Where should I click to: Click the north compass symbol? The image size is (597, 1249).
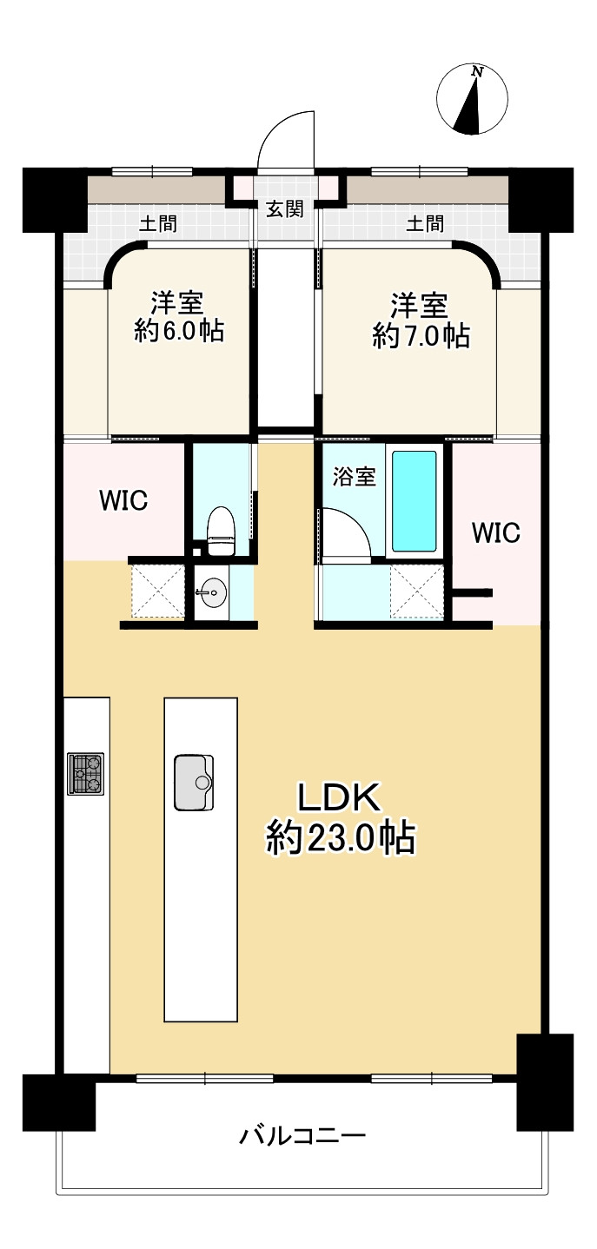tap(472, 99)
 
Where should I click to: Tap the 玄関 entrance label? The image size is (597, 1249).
tap(284, 209)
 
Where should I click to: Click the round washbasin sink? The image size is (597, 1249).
tap(212, 592)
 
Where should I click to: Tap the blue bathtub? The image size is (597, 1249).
tap(414, 500)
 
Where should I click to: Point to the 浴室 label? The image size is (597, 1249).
tap(355, 477)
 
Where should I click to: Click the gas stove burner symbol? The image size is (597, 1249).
tap(86, 773)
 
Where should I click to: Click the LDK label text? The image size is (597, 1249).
tap(339, 797)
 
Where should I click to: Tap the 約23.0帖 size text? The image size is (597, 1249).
tap(341, 837)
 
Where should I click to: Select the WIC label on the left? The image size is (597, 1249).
tap(123, 500)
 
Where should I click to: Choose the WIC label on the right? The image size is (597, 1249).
tap(496, 532)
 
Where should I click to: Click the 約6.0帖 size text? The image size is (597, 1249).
tap(179, 331)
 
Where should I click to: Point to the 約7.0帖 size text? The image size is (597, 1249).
tap(421, 335)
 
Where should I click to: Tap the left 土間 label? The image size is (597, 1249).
tap(158, 223)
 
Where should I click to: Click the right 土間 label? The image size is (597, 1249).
tap(425, 223)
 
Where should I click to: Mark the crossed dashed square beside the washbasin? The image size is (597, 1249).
tap(158, 591)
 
